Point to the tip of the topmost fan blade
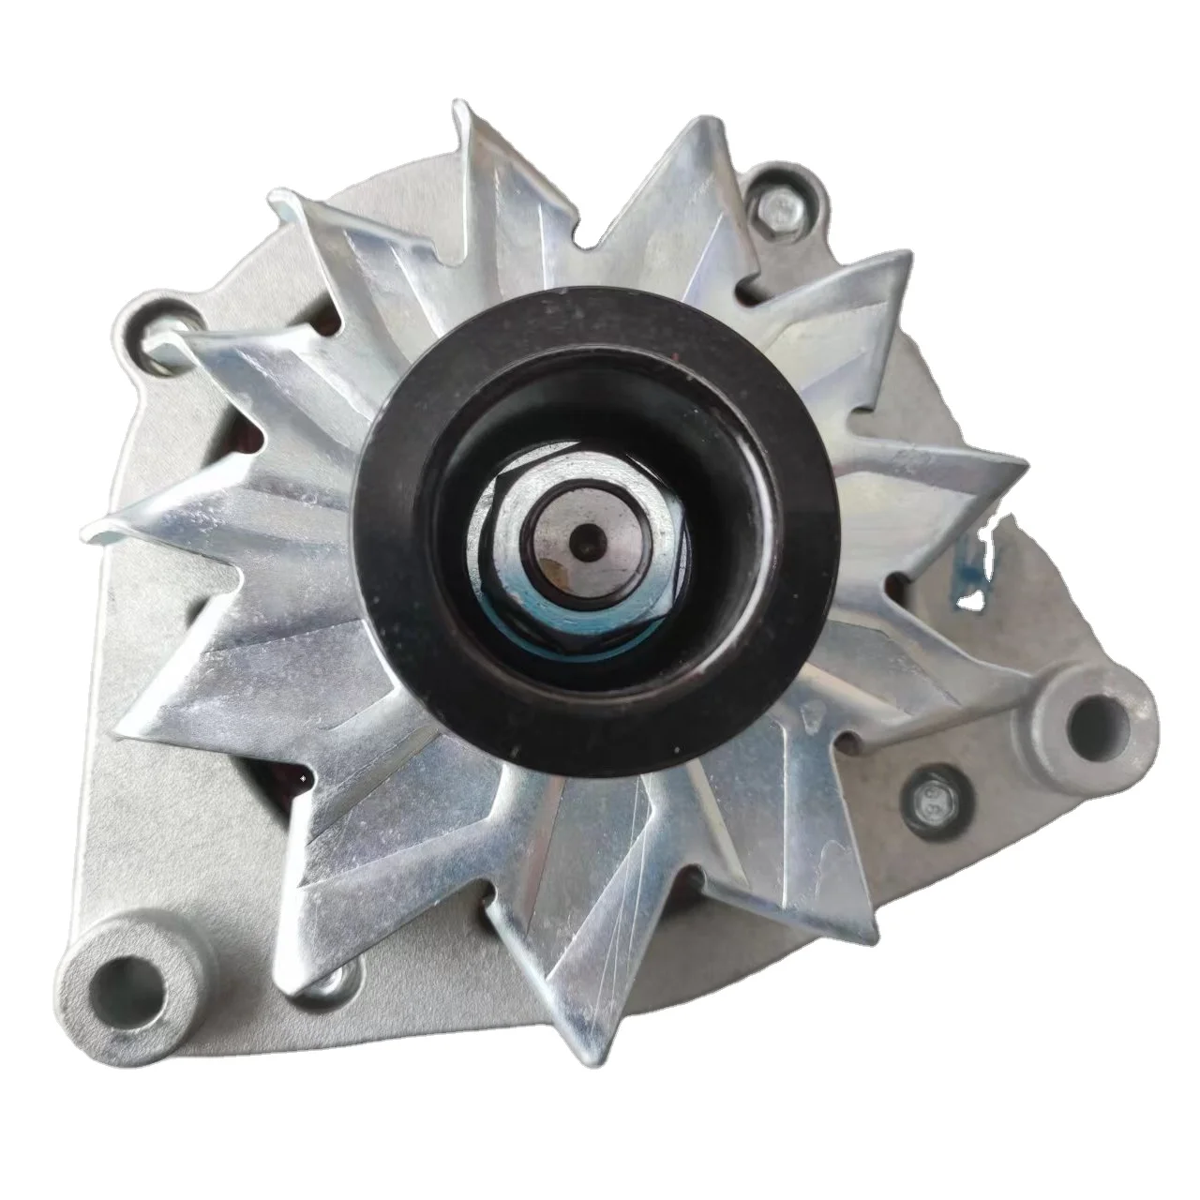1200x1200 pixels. click(464, 105)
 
